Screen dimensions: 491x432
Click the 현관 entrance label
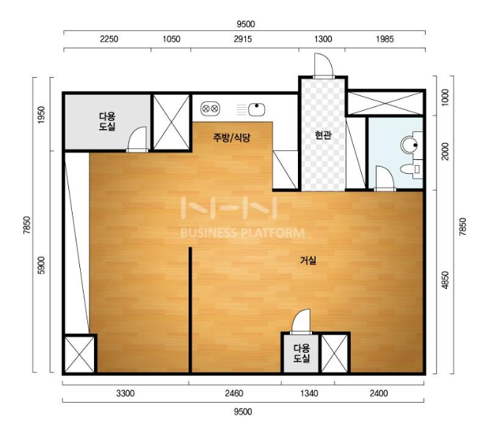click(323, 135)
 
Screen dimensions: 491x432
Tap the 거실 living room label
click(308, 260)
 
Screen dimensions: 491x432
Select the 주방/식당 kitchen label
click(232, 137)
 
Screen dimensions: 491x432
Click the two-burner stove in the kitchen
click(210, 109)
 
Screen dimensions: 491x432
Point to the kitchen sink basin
click(257, 109)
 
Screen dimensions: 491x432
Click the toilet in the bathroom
click(411, 169)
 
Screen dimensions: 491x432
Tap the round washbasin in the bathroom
click(410, 145)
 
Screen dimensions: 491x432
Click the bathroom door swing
click(385, 178)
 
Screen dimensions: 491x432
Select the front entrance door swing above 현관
click(324, 65)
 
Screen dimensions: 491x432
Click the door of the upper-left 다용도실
click(137, 139)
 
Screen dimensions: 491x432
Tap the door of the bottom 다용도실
click(301, 321)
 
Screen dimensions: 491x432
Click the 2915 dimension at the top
click(243, 39)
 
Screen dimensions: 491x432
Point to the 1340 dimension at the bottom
click(309, 393)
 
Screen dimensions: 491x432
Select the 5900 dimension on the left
click(41, 266)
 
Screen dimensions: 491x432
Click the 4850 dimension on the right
click(445, 280)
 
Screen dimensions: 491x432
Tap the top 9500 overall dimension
click(246, 23)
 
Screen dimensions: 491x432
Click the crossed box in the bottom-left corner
click(79, 354)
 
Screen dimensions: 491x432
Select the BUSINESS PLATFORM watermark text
click(243, 233)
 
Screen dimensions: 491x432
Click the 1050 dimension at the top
click(171, 39)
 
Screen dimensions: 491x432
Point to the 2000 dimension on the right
click(445, 152)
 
